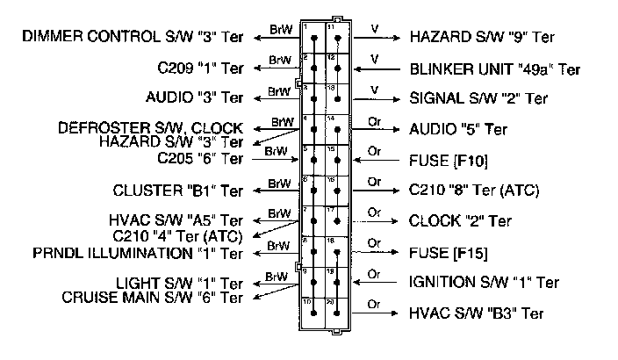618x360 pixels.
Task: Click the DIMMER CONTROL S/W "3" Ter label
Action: [x=132, y=37]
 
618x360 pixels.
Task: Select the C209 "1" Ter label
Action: [x=195, y=68]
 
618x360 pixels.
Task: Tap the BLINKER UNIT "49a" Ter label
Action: [x=494, y=68]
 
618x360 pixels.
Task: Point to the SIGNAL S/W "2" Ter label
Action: [x=479, y=98]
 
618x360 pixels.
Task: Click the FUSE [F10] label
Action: [x=449, y=161]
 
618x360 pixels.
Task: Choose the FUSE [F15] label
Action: [x=449, y=253]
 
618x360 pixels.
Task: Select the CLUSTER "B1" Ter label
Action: [x=178, y=190]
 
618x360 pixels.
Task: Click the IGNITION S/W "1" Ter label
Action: [x=484, y=283]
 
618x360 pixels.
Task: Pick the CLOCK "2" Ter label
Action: [x=460, y=220]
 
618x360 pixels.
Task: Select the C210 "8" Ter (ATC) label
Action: [x=474, y=190]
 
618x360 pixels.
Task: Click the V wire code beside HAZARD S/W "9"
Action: [x=375, y=28]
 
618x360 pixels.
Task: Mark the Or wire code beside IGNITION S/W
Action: [x=375, y=274]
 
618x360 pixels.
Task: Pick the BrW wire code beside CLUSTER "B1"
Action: [x=278, y=183]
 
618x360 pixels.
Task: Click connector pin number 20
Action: [x=331, y=301]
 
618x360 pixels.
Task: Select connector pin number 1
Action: [x=305, y=28]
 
